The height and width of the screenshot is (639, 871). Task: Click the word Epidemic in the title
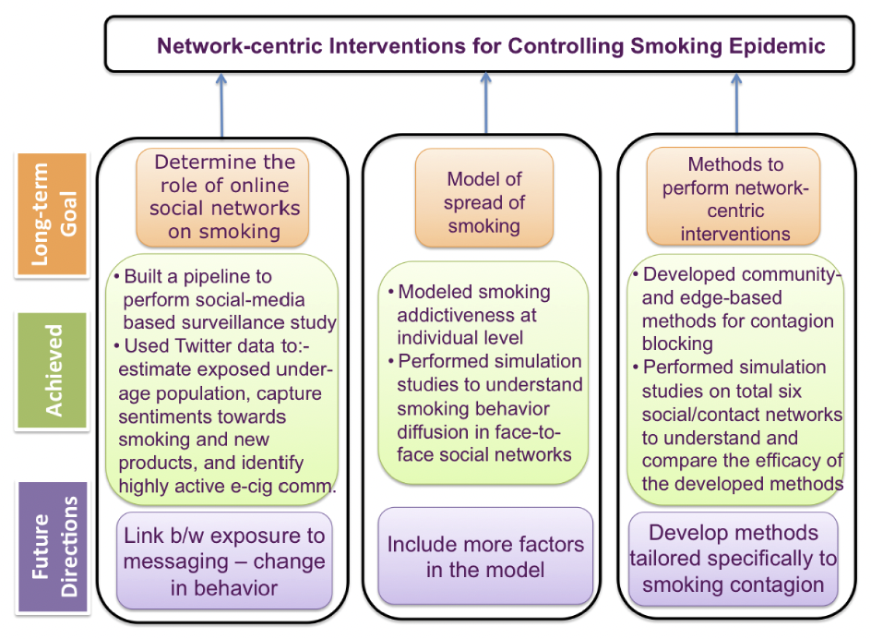(x=779, y=45)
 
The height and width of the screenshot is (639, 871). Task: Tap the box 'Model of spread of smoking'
(x=483, y=202)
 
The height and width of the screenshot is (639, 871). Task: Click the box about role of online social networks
(x=223, y=197)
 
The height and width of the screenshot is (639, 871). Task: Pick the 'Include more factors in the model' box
(x=485, y=556)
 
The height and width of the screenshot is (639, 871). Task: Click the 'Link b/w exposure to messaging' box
(x=223, y=561)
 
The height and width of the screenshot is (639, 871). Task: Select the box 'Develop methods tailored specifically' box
(x=734, y=558)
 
